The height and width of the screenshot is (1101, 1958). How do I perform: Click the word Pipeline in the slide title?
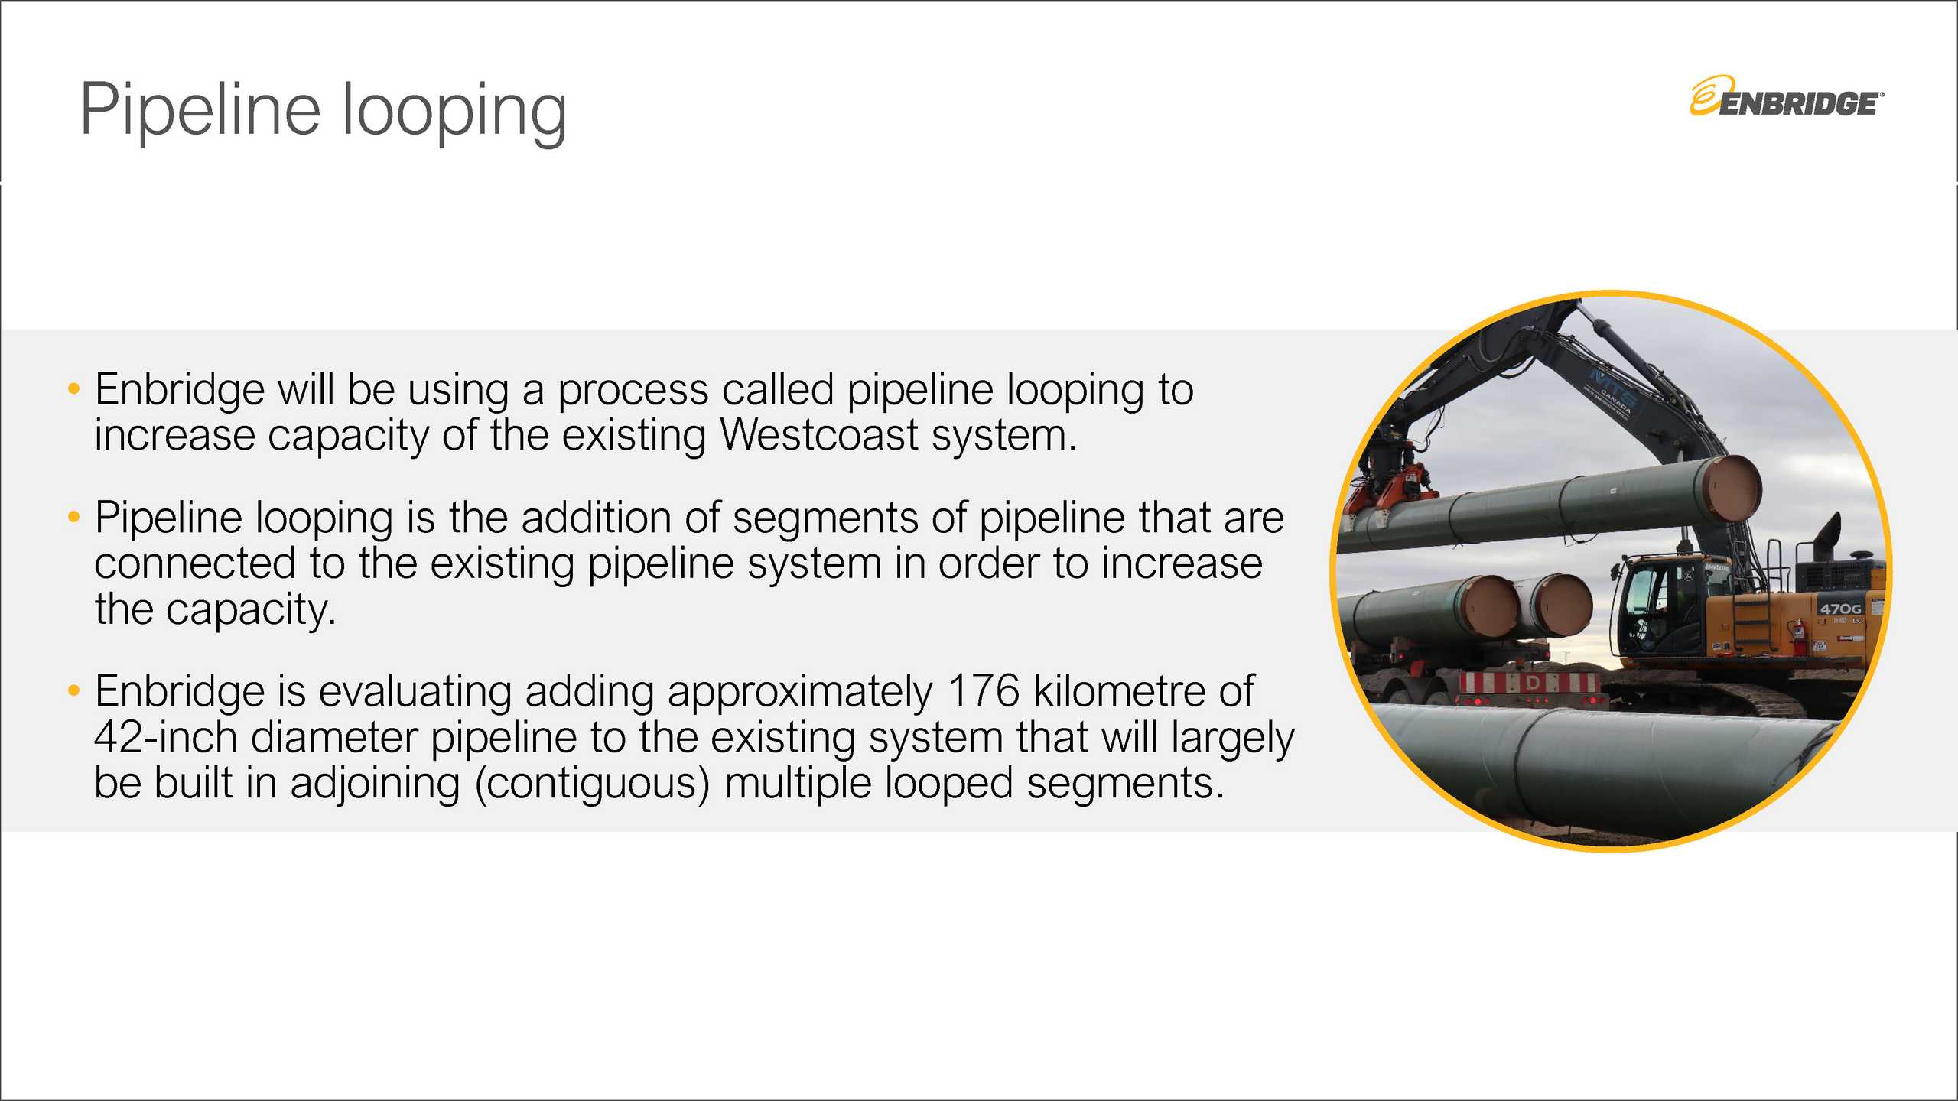[x=200, y=111]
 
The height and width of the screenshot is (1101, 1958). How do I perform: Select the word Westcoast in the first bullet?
[x=818, y=435]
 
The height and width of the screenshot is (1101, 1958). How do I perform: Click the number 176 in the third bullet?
[x=983, y=691]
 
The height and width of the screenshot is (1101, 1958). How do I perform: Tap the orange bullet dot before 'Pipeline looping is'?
[x=73, y=518]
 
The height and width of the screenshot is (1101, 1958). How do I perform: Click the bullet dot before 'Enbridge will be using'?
[x=73, y=389]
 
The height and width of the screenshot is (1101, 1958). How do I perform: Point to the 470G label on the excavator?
[x=1840, y=609]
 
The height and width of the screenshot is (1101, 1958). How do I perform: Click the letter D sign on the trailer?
[x=1533, y=683]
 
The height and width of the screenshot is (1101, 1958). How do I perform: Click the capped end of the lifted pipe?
[x=1733, y=489]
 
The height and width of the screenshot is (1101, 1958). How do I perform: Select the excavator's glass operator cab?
[x=1652, y=604]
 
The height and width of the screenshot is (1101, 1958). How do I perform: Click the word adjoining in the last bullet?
[x=375, y=784]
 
